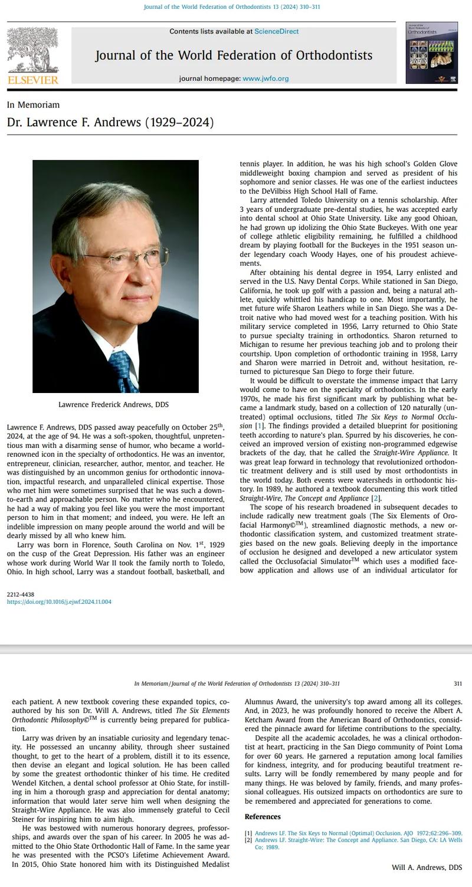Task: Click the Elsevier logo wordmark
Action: point(33,80)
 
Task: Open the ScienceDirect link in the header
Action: point(276,31)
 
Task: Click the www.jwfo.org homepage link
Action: point(265,78)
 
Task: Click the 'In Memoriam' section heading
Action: point(33,105)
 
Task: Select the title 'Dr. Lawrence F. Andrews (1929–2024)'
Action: point(110,123)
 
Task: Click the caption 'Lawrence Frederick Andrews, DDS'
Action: point(113,405)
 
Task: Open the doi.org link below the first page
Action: point(59,602)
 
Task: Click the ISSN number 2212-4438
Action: point(21,594)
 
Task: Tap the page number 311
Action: point(458,684)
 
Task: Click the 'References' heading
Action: point(263,817)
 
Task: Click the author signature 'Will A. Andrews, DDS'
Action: point(427,868)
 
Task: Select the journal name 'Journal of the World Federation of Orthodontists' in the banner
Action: point(234,55)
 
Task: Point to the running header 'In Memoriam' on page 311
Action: point(151,684)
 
